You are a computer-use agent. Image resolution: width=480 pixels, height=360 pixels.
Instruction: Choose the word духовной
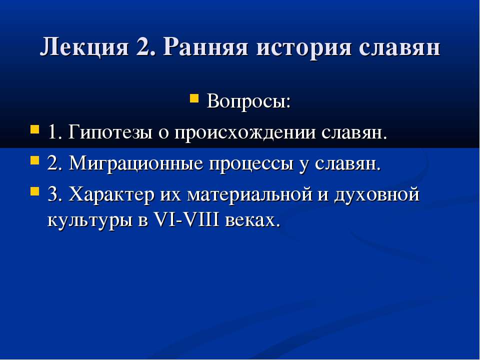coord(379,195)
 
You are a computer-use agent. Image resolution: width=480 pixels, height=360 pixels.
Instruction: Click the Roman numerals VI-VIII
coord(183,220)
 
